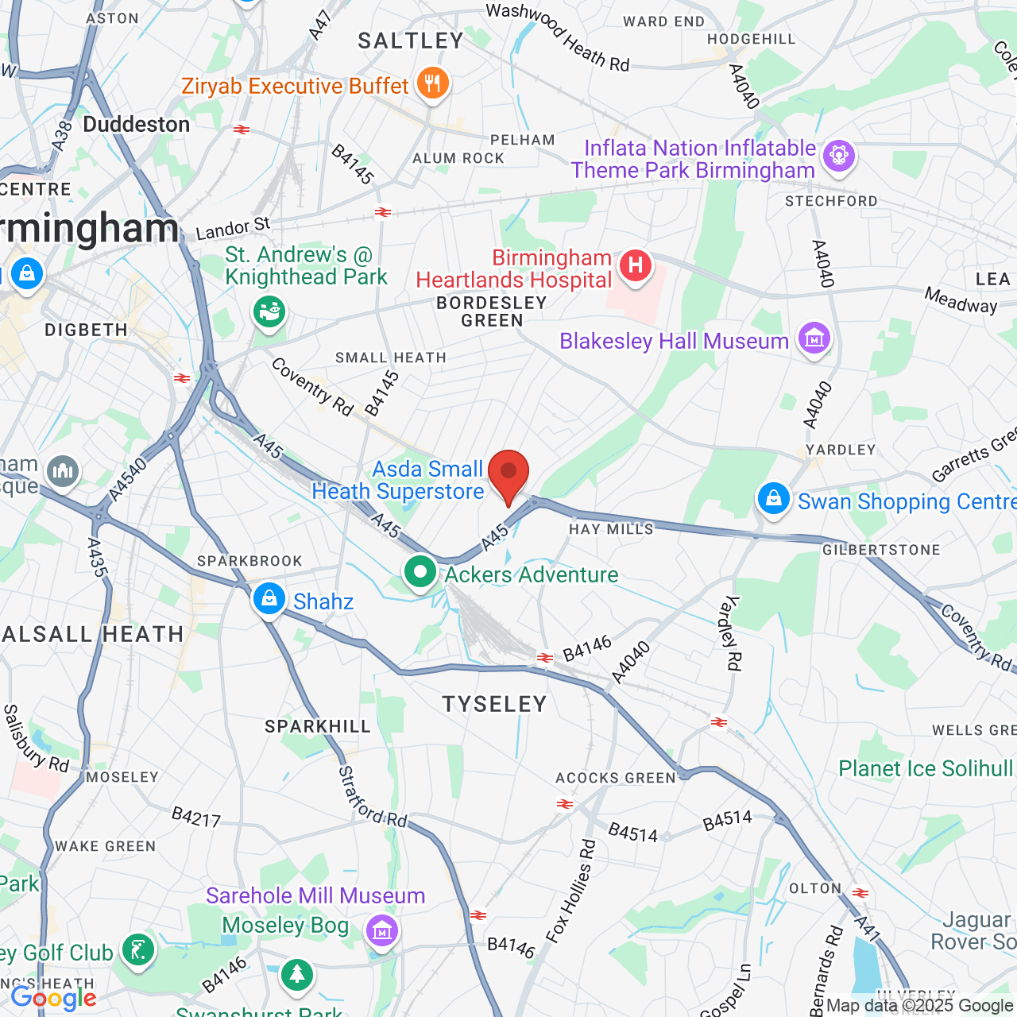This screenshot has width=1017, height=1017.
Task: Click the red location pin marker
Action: tap(508, 474)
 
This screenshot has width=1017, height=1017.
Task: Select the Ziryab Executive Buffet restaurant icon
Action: tap(432, 83)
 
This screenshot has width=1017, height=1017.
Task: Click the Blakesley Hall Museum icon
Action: tap(814, 339)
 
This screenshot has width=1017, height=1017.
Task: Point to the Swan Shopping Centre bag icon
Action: tap(773, 500)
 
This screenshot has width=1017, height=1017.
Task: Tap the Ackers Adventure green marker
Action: tap(420, 572)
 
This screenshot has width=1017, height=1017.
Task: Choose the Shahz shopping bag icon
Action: tap(269, 599)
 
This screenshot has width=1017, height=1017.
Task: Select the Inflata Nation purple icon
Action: tap(839, 155)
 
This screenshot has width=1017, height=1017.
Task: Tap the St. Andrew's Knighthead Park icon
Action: tap(269, 311)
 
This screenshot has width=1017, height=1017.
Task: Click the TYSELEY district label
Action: tap(494, 704)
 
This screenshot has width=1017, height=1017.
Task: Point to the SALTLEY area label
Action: tap(411, 41)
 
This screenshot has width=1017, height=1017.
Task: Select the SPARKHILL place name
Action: tap(318, 726)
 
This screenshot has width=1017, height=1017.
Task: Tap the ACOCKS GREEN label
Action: tap(616, 778)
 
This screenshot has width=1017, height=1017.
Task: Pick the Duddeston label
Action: tap(137, 125)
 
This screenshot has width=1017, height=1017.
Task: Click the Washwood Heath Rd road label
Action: tap(558, 37)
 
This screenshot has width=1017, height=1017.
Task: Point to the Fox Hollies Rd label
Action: tap(570, 891)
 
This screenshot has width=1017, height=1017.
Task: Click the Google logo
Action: tap(54, 998)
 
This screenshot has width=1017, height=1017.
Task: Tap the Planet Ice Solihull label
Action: tap(926, 768)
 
